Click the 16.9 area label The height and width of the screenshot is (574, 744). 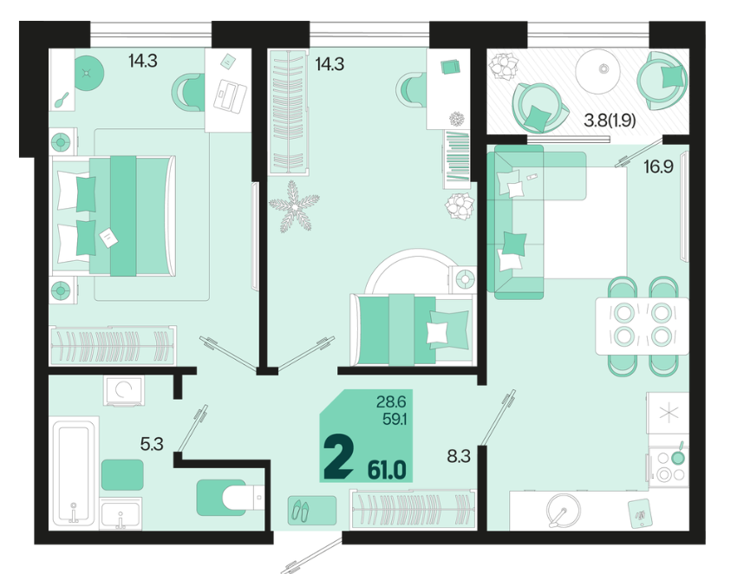click(658, 167)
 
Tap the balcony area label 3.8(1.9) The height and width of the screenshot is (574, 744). click(610, 121)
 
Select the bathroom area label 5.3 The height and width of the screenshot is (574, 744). click(152, 444)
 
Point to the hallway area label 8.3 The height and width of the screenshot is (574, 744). click(459, 456)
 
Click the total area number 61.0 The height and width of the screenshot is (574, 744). click(387, 471)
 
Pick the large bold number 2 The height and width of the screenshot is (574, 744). click(338, 458)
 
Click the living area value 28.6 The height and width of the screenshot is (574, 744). click(391, 402)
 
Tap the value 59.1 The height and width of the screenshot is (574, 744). click(395, 420)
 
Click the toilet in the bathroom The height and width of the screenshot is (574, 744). click(229, 498)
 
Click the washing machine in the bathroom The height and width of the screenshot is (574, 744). click(123, 390)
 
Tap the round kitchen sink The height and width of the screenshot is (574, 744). click(563, 511)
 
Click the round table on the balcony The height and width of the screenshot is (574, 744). click(597, 70)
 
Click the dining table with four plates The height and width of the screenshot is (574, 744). click(643, 325)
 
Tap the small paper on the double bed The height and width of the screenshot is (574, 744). click(108, 238)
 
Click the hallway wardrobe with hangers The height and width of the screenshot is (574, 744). click(413, 508)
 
